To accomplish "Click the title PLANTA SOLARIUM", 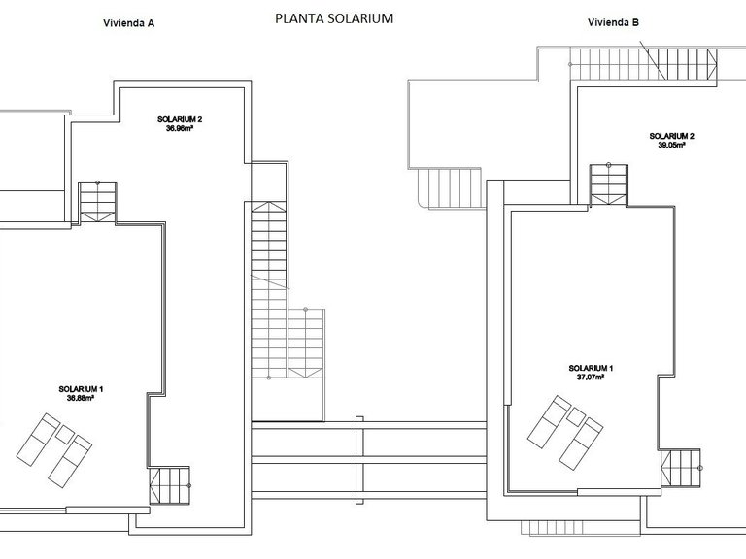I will [x=334, y=17].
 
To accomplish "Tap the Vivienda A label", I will [x=129, y=25].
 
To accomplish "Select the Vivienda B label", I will [x=614, y=23].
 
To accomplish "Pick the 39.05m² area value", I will [x=671, y=145].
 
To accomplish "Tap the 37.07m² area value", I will [x=590, y=378].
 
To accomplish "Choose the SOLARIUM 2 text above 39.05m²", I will [x=671, y=135].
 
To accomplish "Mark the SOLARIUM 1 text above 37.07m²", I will [x=591, y=368].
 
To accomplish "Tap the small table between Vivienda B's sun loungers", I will [x=576, y=416].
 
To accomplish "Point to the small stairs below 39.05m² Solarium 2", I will [x=610, y=184].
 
